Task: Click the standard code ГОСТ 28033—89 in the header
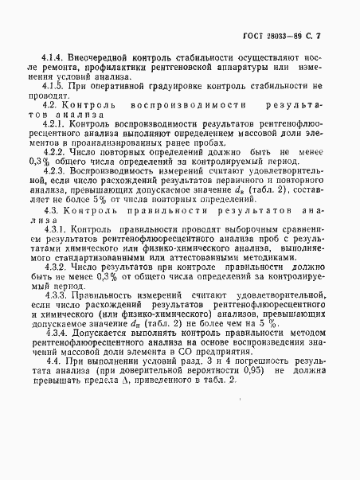(x=272, y=37)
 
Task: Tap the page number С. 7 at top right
(x=313, y=37)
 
